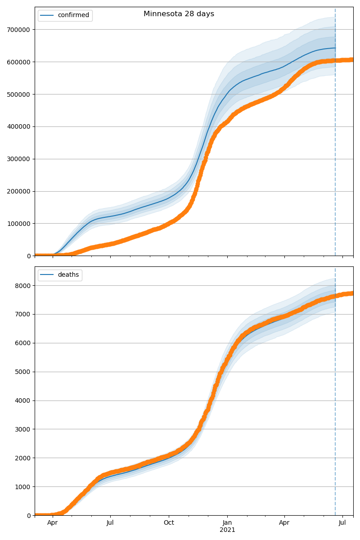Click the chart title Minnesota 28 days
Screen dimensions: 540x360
point(179,14)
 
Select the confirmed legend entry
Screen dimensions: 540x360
point(73,15)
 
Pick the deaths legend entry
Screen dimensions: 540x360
point(68,275)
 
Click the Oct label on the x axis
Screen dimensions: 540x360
point(169,523)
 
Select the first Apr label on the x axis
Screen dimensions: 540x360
point(53,523)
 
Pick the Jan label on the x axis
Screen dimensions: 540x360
point(227,523)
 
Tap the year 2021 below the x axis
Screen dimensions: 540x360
point(227,530)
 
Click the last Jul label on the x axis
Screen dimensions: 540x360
point(342,523)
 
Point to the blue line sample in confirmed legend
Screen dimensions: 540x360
point(47,15)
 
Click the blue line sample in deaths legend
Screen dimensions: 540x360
point(47,275)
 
